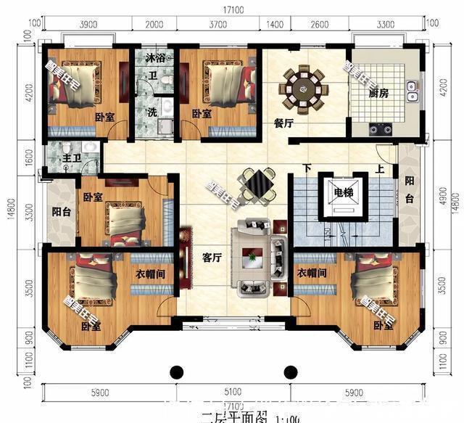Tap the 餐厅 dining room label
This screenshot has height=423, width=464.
[283, 123]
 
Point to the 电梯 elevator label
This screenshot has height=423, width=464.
[344, 193]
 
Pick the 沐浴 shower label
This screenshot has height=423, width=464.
[154, 57]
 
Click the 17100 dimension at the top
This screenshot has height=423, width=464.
[232, 10]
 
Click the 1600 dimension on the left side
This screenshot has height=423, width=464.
[28, 158]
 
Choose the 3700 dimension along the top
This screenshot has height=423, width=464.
[217, 24]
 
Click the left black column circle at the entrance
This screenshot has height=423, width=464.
[176, 372]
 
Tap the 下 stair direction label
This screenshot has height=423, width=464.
[307, 169]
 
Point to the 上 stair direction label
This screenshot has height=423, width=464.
[380, 169]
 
